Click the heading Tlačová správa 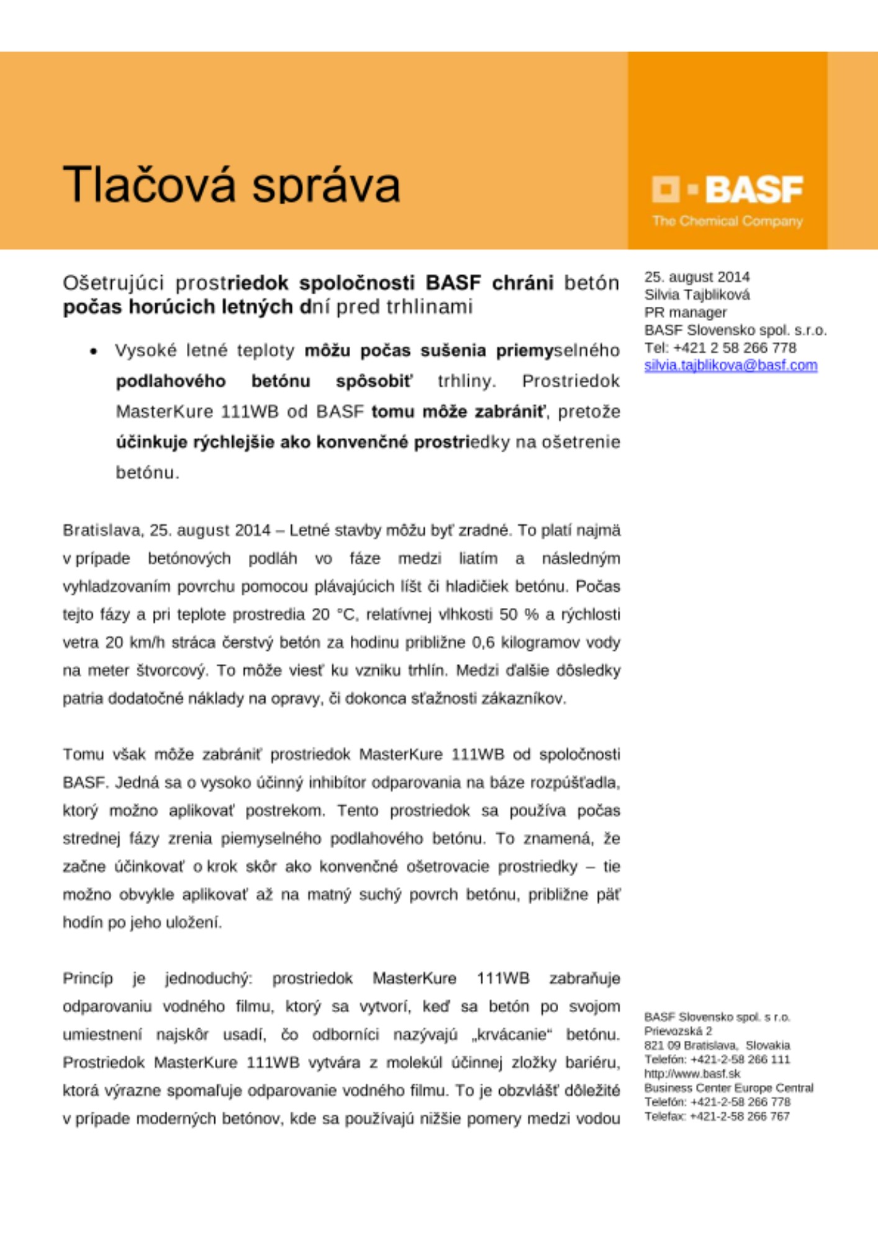[x=231, y=184]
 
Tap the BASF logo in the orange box [x=727, y=189]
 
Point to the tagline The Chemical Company [x=727, y=221]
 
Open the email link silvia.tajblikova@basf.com [x=730, y=365]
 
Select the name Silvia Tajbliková [x=697, y=294]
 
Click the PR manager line [x=685, y=312]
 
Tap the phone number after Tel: [x=735, y=348]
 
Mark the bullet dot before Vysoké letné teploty [x=93, y=351]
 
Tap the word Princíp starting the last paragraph [x=88, y=979]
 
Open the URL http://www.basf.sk [x=692, y=1074]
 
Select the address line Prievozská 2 [x=678, y=1031]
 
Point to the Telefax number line [x=717, y=1116]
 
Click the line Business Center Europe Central [x=728, y=1088]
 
